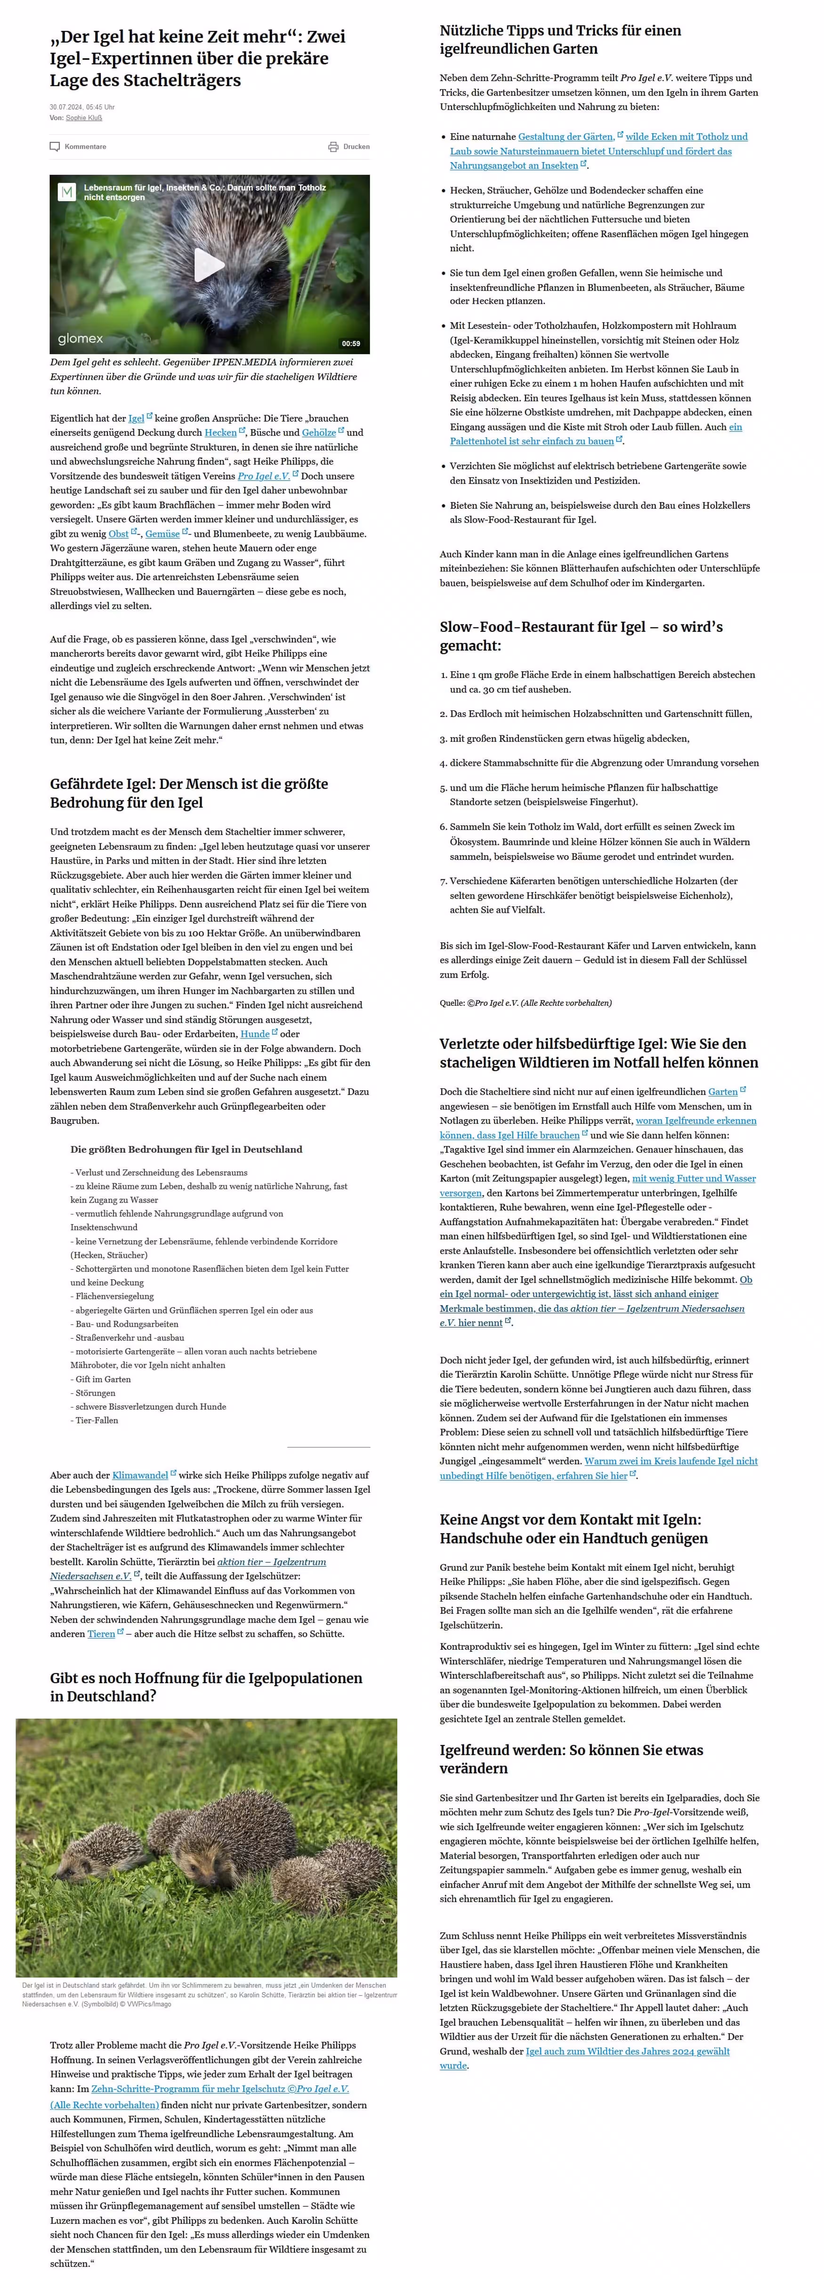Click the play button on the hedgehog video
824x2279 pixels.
pyautogui.click(x=209, y=265)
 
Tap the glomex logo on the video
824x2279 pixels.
pyautogui.click(x=81, y=339)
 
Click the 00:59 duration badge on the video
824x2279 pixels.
pyautogui.click(x=351, y=343)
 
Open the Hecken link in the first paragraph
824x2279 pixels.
pyautogui.click(x=220, y=433)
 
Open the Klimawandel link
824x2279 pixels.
pyautogui.click(x=140, y=1475)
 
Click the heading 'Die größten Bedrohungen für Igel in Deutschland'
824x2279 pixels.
pyautogui.click(x=186, y=1149)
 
